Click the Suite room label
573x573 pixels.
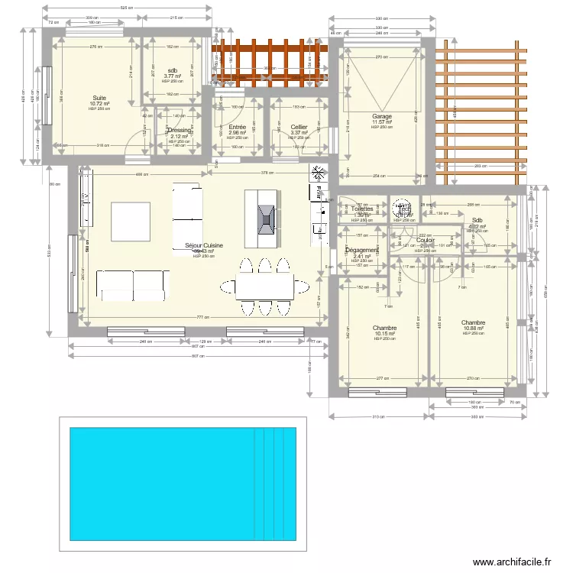[99, 99]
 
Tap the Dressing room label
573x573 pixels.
[178, 131]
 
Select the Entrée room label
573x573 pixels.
[237, 128]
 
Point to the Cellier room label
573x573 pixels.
[299, 128]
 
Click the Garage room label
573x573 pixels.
[382, 117]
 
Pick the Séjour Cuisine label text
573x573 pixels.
[203, 246]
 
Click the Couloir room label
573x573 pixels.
[426, 240]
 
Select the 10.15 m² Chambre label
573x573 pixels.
[385, 328]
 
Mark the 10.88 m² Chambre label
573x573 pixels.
[473, 323]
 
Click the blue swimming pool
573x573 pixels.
[183, 482]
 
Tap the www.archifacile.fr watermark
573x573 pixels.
[512, 562]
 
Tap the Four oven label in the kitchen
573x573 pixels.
[316, 193]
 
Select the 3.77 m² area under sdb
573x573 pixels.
[172, 76]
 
